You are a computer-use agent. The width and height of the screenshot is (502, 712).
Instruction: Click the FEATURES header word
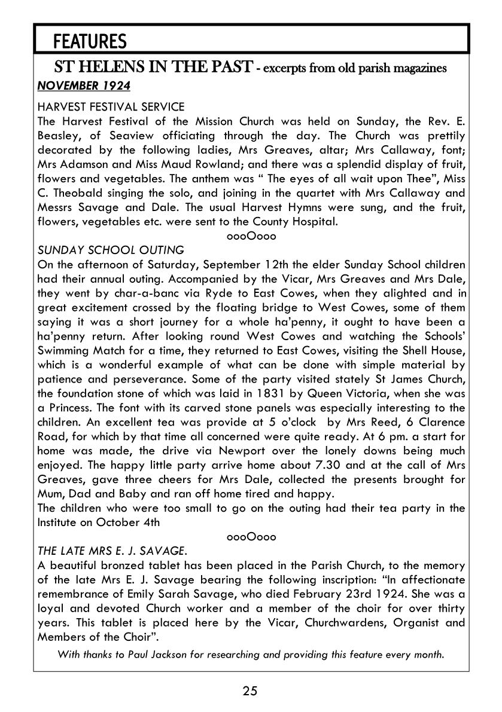tap(90, 41)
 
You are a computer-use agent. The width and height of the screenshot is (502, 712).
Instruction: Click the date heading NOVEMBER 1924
tap(83, 85)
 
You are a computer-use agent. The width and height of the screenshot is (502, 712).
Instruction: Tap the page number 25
tap(250, 692)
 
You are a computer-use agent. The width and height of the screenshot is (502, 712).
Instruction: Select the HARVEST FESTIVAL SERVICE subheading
tap(111, 106)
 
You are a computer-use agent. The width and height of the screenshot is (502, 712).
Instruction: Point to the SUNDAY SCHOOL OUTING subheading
tap(111, 250)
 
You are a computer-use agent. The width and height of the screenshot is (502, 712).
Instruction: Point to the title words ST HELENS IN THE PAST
tap(153, 67)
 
